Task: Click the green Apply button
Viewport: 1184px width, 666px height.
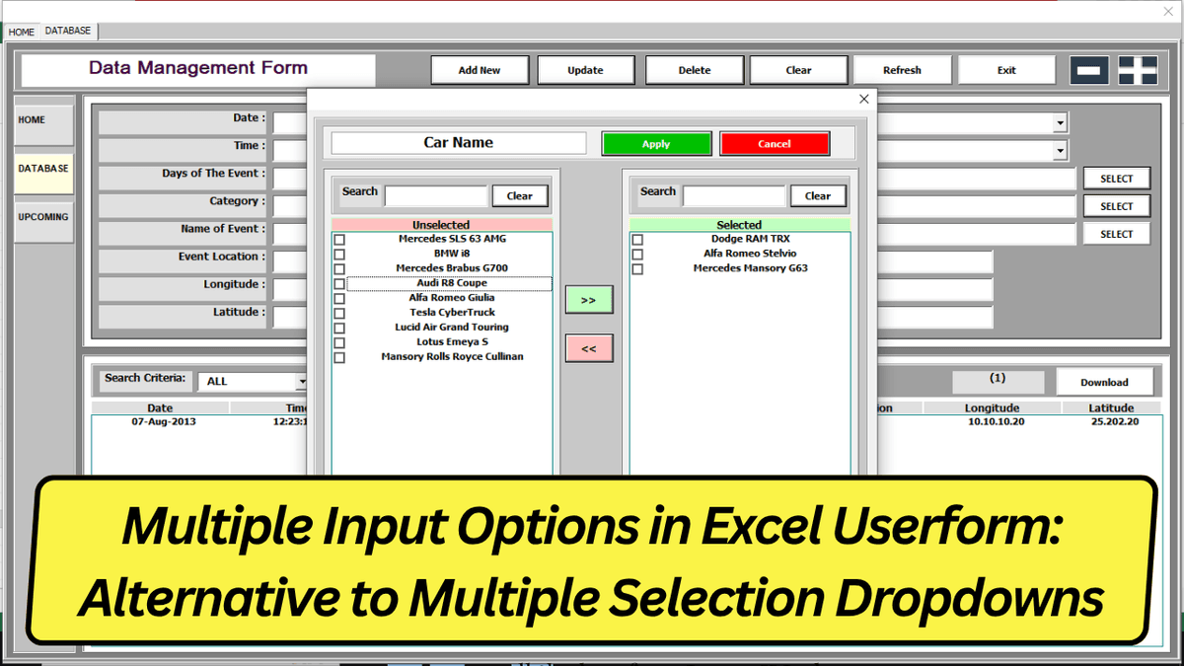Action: point(656,144)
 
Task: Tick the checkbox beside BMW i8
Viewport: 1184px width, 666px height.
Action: point(339,255)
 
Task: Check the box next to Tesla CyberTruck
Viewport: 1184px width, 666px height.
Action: point(339,314)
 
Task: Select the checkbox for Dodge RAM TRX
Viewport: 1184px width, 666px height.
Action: point(637,240)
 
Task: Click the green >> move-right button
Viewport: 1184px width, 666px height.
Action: point(589,300)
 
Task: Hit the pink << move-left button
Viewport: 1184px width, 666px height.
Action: point(589,348)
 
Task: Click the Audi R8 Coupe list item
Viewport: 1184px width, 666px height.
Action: point(452,283)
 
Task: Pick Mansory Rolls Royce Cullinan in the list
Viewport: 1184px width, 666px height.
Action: point(453,356)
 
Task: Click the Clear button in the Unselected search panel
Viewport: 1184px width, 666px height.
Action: point(520,195)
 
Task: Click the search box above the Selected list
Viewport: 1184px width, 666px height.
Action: point(734,195)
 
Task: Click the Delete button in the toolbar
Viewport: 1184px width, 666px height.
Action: point(694,70)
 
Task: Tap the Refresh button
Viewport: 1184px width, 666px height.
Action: point(902,70)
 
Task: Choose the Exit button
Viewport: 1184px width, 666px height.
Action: point(1006,70)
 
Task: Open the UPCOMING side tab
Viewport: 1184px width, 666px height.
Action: point(43,217)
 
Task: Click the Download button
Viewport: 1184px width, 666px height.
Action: point(1104,382)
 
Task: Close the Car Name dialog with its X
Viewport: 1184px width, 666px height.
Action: point(864,99)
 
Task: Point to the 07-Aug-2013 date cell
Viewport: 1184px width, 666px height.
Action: point(164,422)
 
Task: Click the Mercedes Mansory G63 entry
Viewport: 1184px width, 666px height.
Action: point(750,268)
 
